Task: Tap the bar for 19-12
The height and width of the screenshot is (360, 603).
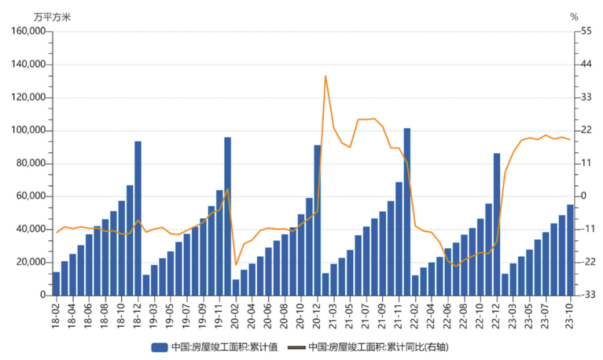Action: click(x=228, y=216)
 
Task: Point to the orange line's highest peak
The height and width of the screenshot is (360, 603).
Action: click(x=325, y=76)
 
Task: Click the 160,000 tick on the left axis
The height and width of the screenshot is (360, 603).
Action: click(x=28, y=31)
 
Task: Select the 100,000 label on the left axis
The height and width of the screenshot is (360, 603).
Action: click(x=28, y=130)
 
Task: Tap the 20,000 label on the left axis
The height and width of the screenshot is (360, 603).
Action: click(x=30, y=262)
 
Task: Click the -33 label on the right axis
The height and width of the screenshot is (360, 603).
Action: click(x=586, y=295)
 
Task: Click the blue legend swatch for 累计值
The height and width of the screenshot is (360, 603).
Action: click(x=159, y=346)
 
